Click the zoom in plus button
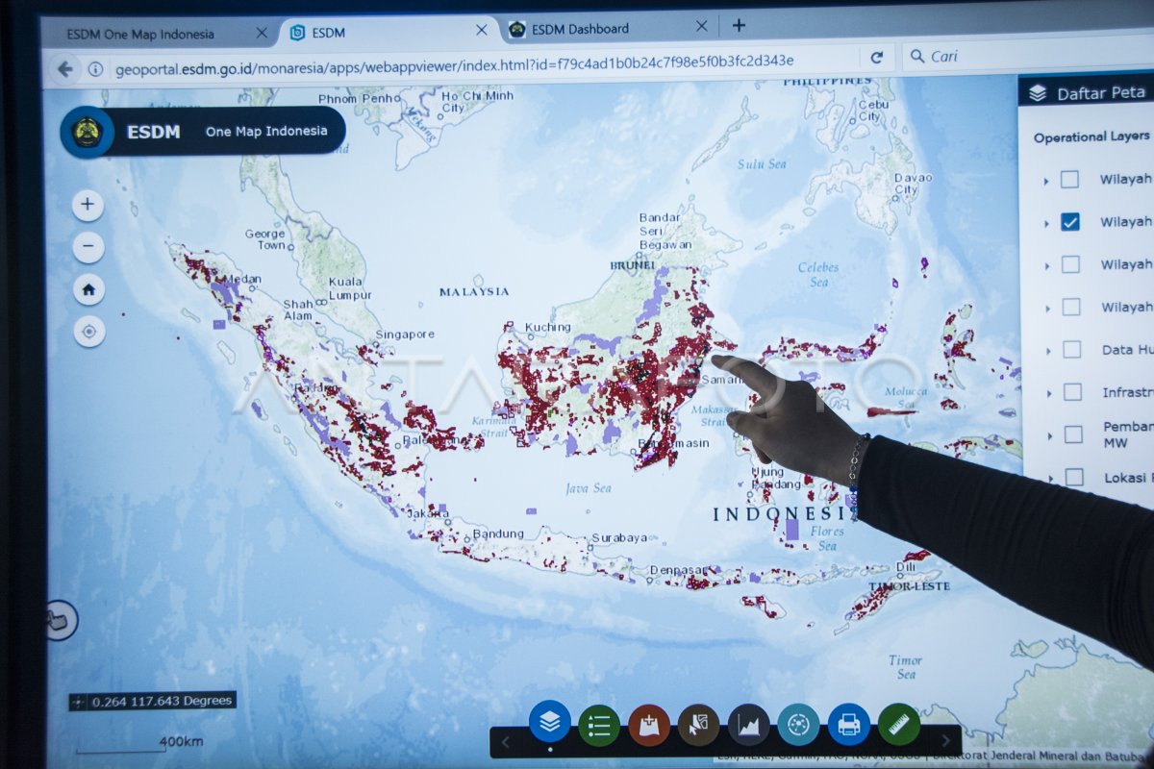coord(88,205)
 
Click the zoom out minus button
coord(88,247)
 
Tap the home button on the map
coord(88,289)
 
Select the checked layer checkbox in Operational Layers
coord(1069,222)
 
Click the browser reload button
coord(876,58)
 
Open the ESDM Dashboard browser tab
coord(580,29)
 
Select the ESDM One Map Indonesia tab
coord(140,35)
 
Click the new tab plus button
coord(739,26)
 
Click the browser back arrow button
coord(64,69)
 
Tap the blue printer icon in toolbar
coord(848,725)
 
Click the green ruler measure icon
coord(899,724)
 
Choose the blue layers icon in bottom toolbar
coord(550,722)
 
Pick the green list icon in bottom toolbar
coord(599,726)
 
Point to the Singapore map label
coord(405,335)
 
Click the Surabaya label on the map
coord(619,537)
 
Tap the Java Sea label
coord(589,488)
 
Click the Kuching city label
coord(547,328)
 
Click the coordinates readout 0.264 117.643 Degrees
coord(153,701)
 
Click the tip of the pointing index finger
coord(715,360)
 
